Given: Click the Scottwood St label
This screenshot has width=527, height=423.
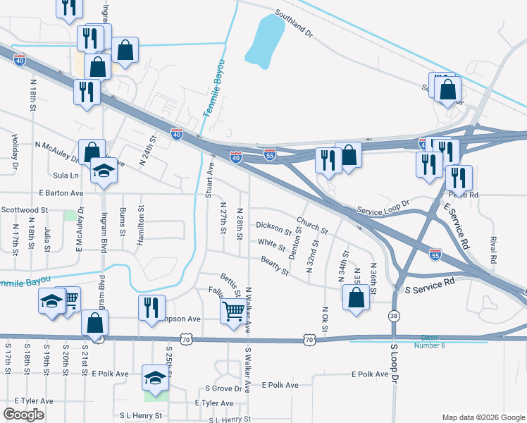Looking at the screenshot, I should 24,209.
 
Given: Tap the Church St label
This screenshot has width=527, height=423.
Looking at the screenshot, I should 312,226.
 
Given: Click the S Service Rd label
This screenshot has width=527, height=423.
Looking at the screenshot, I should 429,286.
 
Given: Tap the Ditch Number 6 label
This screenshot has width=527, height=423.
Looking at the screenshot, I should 434,341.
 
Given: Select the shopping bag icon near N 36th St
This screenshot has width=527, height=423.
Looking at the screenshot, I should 356,297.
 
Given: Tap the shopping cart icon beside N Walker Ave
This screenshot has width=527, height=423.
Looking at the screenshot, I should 234,309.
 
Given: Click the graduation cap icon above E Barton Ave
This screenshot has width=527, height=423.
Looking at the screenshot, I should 104,171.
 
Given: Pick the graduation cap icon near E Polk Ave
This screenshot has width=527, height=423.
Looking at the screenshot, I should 156,378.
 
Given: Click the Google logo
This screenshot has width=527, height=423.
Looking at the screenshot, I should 24,415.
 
